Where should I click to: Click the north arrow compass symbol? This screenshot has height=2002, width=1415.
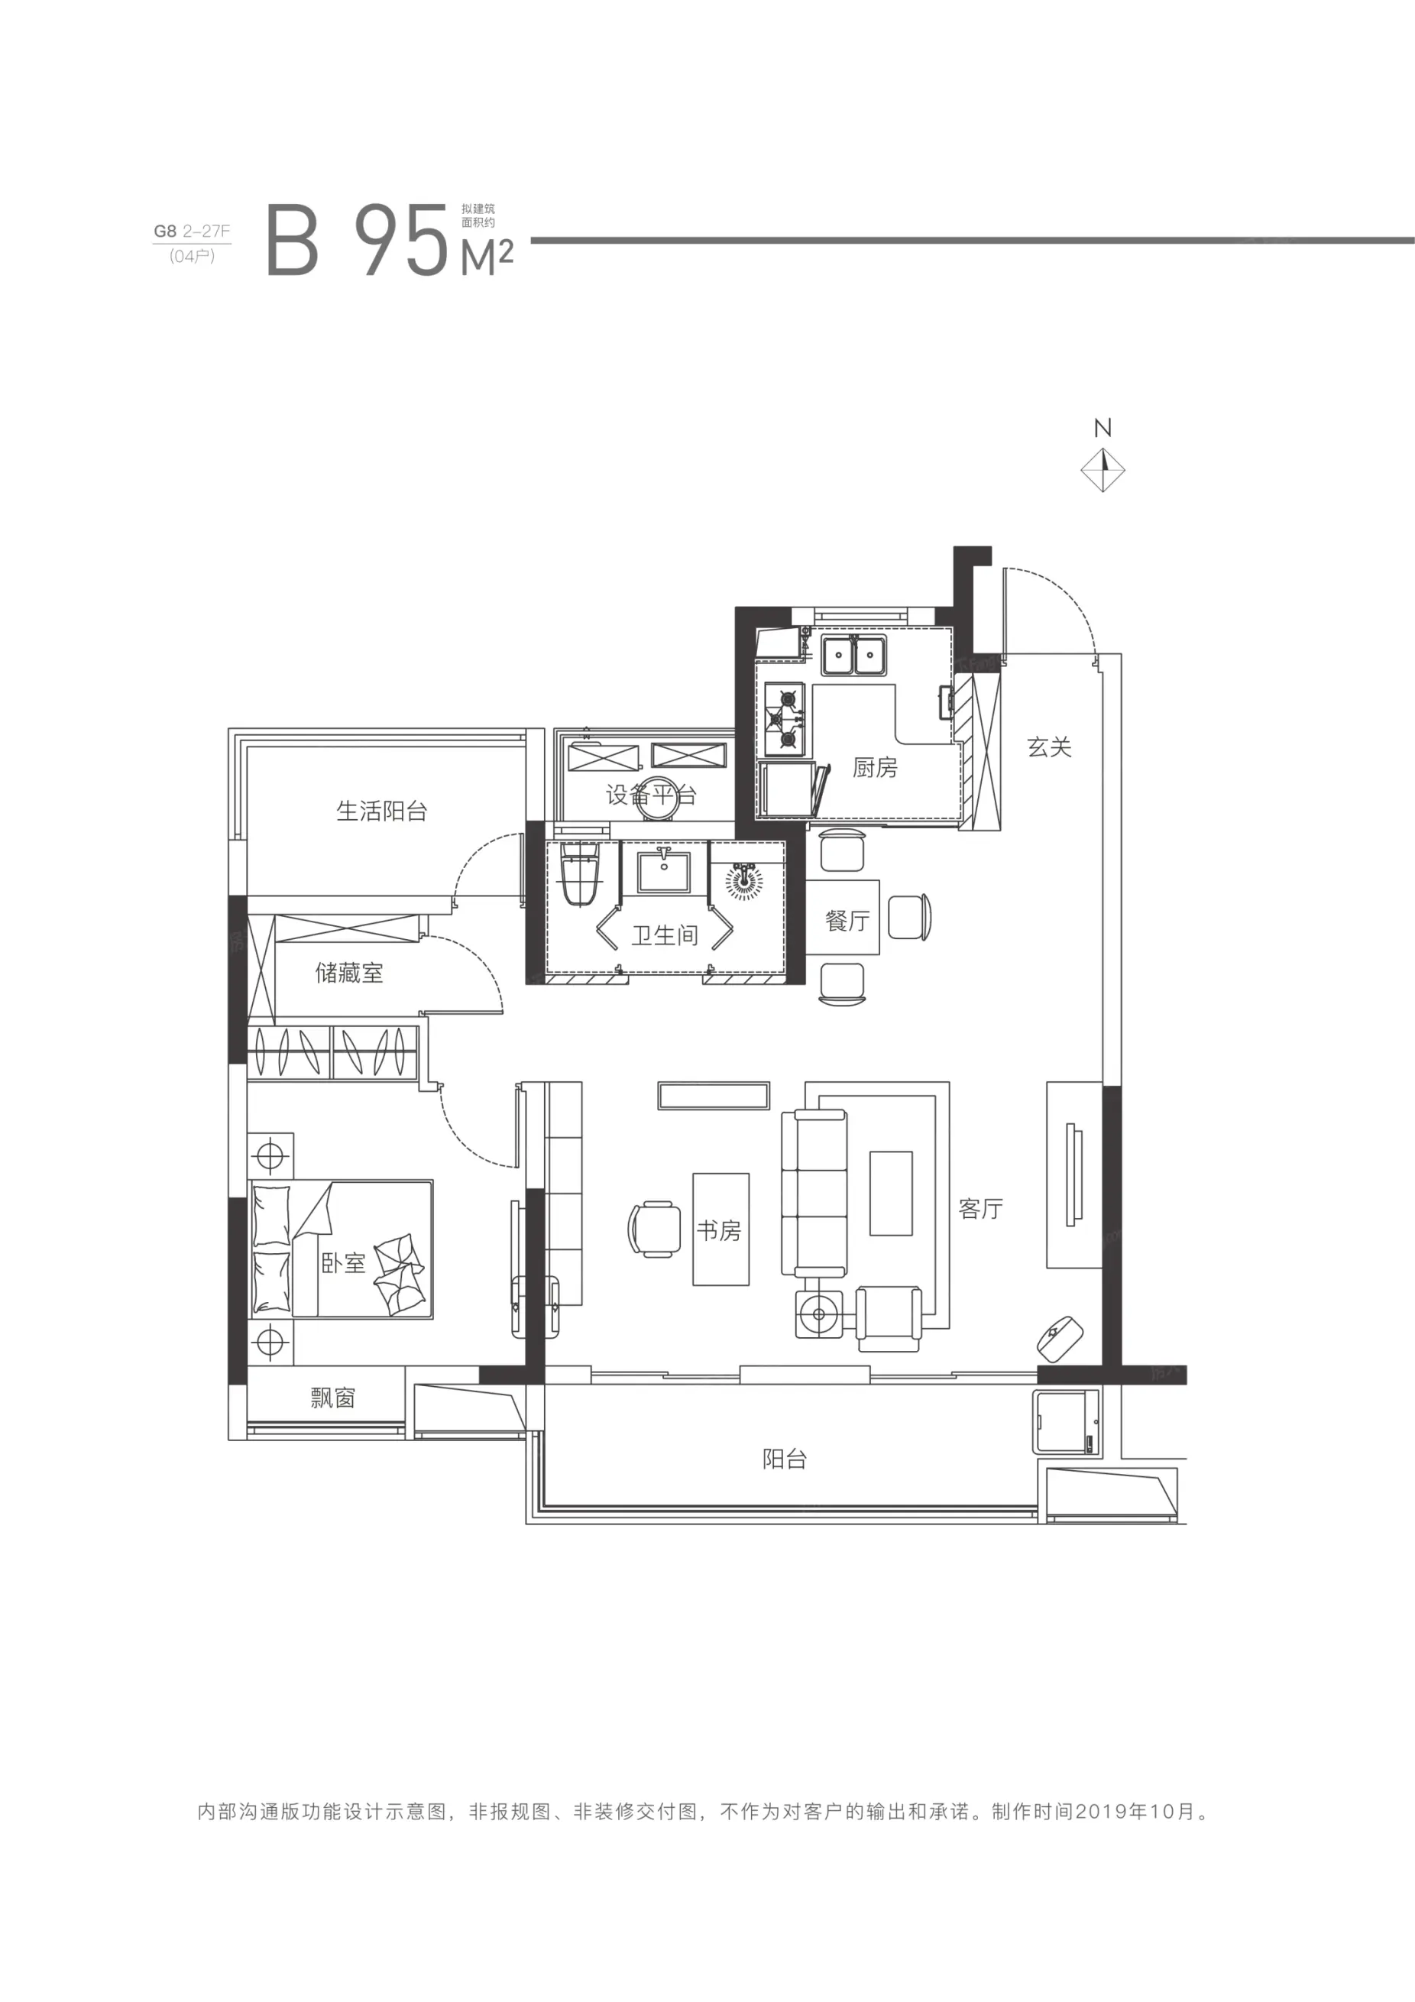[1103, 470]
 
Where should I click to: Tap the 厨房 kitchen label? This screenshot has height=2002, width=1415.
[875, 767]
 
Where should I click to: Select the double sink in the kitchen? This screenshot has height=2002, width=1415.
[853, 655]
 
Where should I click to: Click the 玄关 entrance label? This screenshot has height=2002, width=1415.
[1049, 747]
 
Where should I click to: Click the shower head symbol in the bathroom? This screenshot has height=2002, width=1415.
[743, 881]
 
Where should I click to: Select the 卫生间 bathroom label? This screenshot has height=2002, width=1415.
[665, 935]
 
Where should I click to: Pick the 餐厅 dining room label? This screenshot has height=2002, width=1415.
[847, 920]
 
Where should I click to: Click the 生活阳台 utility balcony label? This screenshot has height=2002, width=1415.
[382, 811]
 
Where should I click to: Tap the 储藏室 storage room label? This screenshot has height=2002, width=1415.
[348, 972]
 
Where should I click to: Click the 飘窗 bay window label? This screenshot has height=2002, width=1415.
[333, 1398]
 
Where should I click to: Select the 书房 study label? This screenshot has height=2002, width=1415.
[718, 1230]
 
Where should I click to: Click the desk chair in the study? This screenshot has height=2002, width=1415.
[654, 1229]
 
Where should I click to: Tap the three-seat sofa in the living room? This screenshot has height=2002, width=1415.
[814, 1193]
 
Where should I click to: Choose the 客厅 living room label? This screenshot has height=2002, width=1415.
[981, 1209]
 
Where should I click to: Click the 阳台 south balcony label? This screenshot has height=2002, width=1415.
[785, 1459]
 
